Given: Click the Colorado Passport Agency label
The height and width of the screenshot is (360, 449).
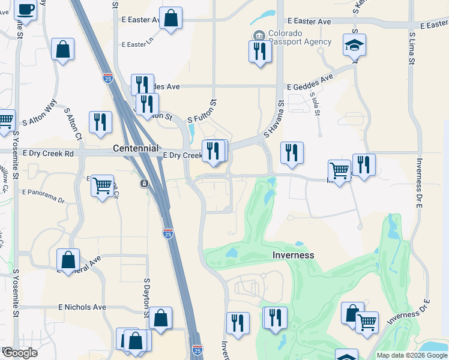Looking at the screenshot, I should [x=300, y=37].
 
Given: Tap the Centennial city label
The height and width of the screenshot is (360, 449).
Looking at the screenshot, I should [x=136, y=148].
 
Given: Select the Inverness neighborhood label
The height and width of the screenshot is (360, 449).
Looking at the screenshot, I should [x=294, y=255].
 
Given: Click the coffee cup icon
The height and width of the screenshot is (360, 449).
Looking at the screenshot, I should [x=25, y=9].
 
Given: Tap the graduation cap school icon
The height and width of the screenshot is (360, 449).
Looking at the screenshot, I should [x=355, y=44].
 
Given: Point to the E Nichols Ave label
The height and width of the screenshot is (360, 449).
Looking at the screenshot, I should [x=82, y=307].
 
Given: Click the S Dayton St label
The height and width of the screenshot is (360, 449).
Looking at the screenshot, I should [x=146, y=296].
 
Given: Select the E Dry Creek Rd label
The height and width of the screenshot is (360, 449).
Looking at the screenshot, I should [x=48, y=154].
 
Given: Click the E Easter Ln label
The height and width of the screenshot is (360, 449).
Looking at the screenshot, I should [x=137, y=44].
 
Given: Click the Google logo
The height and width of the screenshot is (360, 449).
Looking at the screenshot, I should [x=19, y=353].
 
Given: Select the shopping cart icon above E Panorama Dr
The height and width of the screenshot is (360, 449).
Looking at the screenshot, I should [x=102, y=185].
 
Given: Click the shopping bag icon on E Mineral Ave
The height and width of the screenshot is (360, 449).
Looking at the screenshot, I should [x=68, y=260].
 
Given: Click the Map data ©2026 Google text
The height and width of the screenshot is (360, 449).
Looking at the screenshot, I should [x=412, y=355].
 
